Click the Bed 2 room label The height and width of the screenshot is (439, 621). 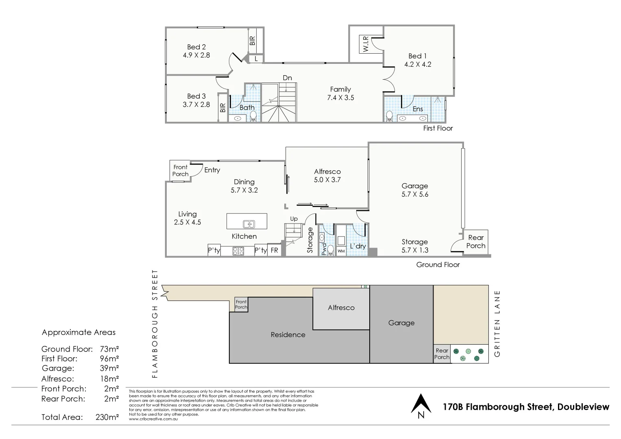point(196,47)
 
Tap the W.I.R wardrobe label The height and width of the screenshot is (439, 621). point(366,44)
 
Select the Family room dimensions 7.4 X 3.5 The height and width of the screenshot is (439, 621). point(340,98)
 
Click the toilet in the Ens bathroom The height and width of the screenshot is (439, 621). point(389,116)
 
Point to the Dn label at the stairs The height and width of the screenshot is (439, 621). point(287,78)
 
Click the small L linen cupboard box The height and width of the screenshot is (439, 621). point(256,59)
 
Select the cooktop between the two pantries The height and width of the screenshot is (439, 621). point(238,251)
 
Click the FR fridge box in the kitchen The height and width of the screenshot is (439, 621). point(275,250)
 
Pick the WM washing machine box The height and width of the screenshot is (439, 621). point(341,251)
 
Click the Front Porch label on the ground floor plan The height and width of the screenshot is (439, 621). point(180,170)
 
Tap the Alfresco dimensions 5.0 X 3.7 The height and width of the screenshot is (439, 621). point(327,180)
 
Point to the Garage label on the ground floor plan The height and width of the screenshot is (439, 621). point(414,186)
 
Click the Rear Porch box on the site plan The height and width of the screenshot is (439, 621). point(442,354)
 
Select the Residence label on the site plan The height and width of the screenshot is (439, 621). point(288,335)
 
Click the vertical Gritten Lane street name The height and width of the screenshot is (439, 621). point(497,324)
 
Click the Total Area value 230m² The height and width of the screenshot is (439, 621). point(107,417)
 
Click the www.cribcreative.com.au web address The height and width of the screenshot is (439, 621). point(153,419)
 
